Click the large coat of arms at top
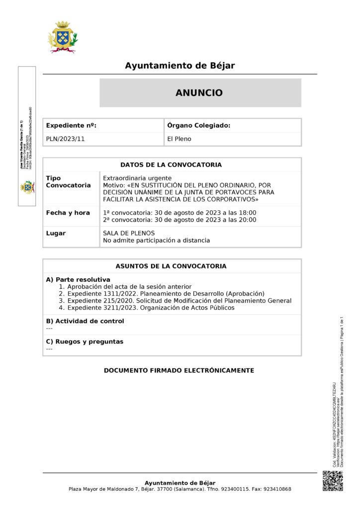[62, 37]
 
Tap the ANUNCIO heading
[199, 92]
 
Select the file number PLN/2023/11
[65, 139]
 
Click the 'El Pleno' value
[179, 139]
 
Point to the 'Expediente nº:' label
[71, 126]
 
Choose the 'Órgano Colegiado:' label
[199, 126]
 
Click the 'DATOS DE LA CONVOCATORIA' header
[171, 165]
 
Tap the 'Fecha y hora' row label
[68, 213]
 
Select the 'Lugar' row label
[56, 233]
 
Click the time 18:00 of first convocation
[247, 213]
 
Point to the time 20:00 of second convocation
[247, 219]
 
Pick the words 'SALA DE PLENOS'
[128, 233]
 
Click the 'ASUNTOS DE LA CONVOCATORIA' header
[171, 266]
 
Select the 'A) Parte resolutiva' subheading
[78, 279]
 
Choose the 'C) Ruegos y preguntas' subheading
[85, 341]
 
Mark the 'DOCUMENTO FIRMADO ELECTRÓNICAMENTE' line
[179, 370]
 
